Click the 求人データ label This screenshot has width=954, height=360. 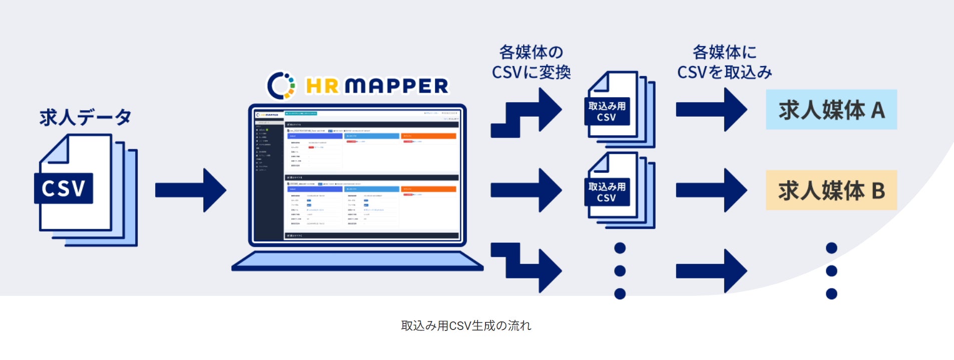click(85, 117)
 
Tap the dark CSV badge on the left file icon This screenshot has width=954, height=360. click(64, 188)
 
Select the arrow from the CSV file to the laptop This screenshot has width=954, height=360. click(190, 190)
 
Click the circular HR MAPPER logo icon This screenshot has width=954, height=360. click(281, 86)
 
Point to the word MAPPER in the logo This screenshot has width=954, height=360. click(396, 86)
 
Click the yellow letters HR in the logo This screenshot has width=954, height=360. click(322, 86)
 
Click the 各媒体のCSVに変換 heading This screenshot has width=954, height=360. click(531, 62)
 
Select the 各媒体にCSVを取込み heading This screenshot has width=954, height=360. click(724, 62)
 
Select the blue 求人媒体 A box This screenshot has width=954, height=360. click(831, 110)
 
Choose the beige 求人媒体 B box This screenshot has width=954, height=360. click(831, 190)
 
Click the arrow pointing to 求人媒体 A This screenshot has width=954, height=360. click(711, 110)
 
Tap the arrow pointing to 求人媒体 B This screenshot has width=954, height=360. click(711, 190)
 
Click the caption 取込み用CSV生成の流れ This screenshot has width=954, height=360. click(466, 326)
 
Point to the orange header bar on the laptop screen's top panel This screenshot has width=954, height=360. click(428, 136)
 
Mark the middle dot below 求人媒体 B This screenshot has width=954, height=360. click(831, 271)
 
